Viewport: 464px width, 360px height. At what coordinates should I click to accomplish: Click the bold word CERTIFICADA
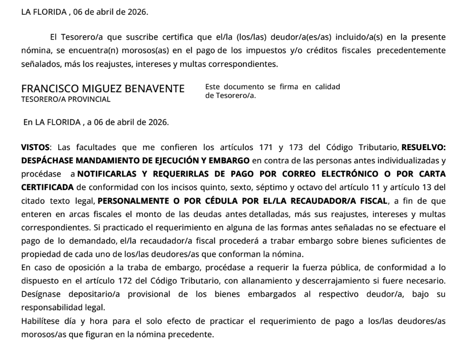point(47,187)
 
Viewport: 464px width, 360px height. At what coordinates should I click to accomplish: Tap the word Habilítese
point(41,320)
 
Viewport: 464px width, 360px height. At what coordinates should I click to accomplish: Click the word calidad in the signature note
point(327,87)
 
